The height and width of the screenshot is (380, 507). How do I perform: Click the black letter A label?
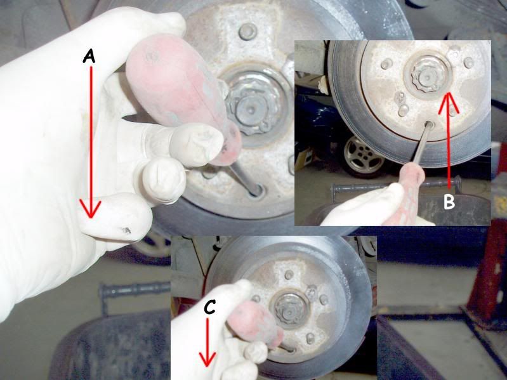pos(89,57)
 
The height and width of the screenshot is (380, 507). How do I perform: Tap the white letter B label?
pos(449,202)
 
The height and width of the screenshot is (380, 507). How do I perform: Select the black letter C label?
pos(210,308)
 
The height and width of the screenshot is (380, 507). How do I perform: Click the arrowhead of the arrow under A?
pos(90,209)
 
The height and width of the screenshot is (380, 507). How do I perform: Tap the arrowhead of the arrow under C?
pos(207,358)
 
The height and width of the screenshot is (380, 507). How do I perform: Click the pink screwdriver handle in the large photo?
pos(182,97)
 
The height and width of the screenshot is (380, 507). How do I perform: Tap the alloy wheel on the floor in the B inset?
pos(362,156)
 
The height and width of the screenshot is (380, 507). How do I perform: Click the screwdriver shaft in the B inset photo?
pos(419,144)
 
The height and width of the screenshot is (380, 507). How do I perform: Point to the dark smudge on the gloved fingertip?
pos(126,230)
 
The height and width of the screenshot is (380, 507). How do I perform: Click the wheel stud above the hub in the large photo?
pos(247,31)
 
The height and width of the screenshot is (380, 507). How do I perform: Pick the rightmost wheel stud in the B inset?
pos(468,63)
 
